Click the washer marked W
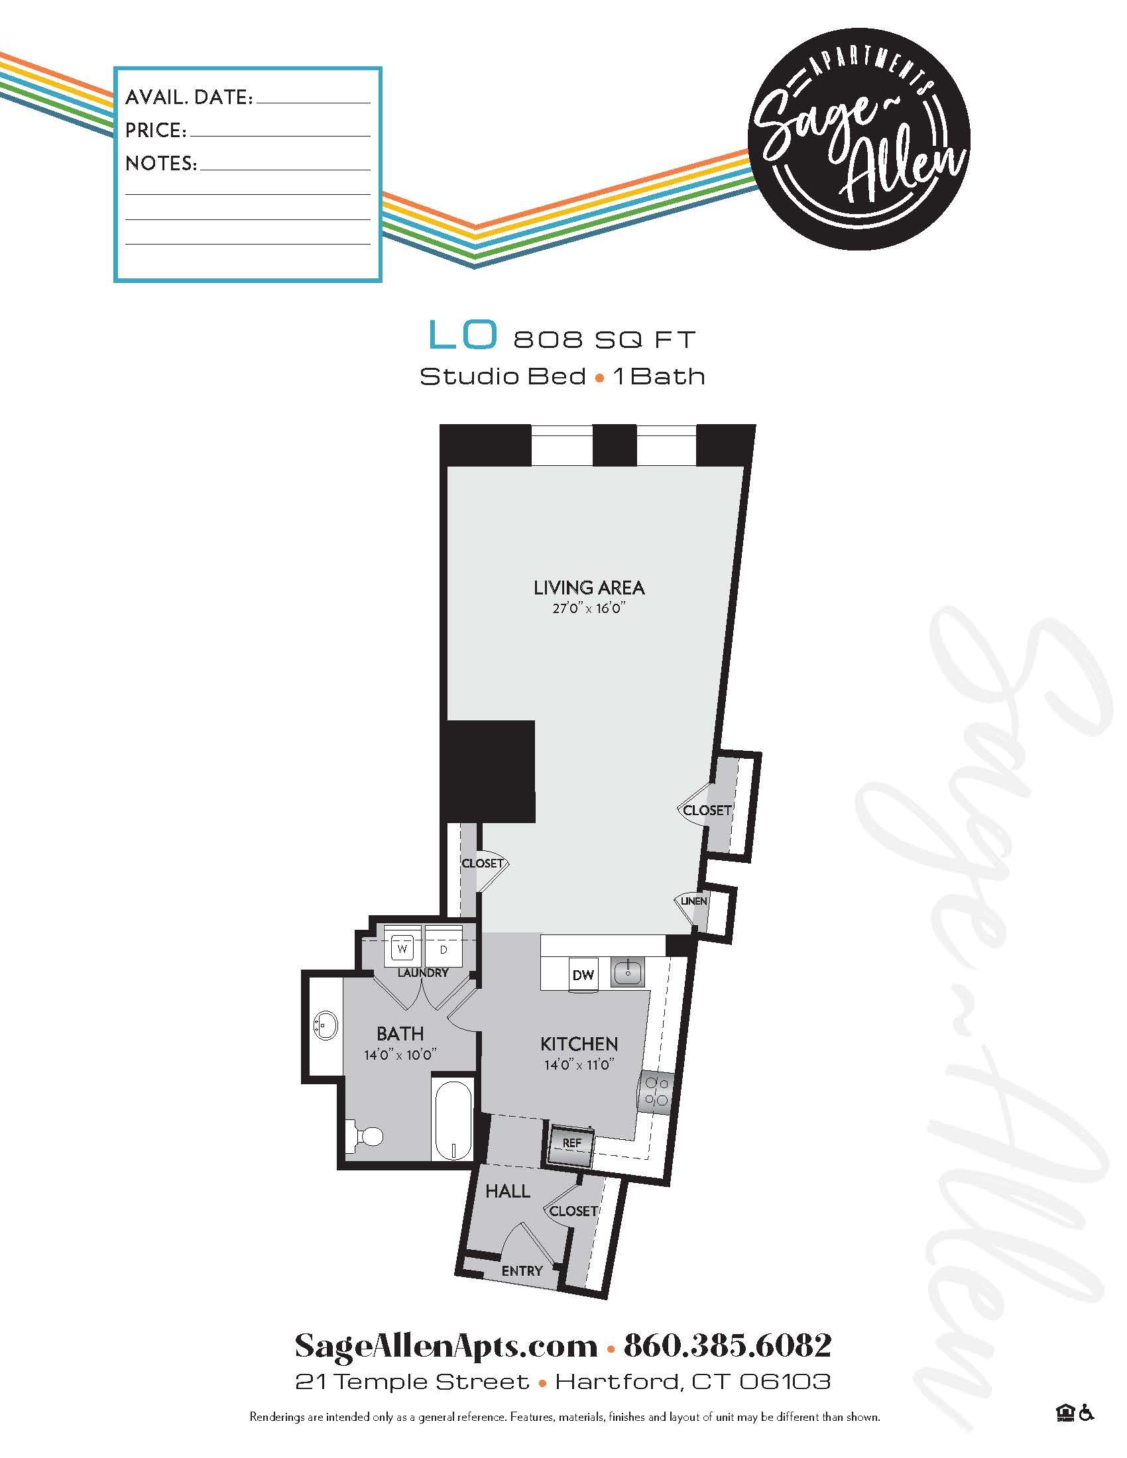tap(402, 948)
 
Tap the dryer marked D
tap(443, 948)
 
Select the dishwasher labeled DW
tap(583, 975)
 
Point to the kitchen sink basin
tap(627, 974)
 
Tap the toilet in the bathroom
tap(366, 1135)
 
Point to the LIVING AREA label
tap(589, 588)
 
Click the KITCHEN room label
tap(579, 1043)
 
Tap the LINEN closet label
tap(693, 901)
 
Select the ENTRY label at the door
tap(522, 1271)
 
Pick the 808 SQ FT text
tap(604, 340)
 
